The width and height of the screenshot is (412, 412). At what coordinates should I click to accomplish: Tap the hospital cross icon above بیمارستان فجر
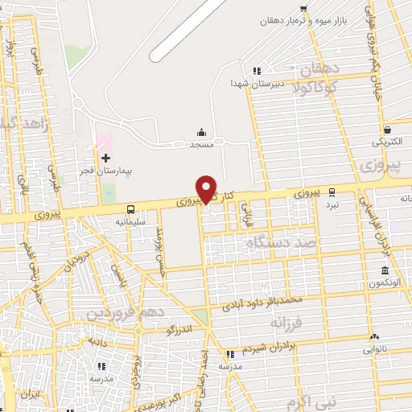coord(105,156)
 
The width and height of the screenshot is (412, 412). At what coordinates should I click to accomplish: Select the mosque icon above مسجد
coord(201,132)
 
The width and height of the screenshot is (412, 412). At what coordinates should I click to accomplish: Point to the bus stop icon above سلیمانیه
coord(131,208)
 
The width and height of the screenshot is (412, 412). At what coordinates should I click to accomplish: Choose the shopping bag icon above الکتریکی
coord(388,129)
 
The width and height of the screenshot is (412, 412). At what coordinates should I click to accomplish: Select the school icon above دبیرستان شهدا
coord(257,71)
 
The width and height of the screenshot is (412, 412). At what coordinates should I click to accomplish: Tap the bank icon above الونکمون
coord(385,270)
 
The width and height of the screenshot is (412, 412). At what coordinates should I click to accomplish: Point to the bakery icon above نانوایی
coord(374,337)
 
